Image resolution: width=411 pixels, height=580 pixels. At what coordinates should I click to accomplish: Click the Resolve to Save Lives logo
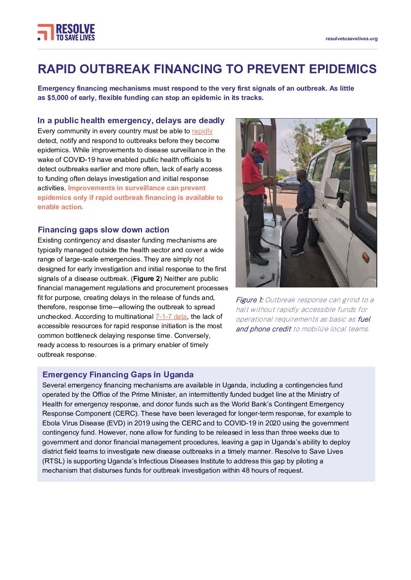click(66, 33)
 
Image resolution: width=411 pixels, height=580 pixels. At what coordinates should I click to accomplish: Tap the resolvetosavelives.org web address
click(351, 39)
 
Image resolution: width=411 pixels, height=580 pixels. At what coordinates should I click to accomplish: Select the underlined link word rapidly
click(202, 131)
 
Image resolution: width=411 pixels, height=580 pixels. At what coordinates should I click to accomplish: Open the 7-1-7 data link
click(171, 317)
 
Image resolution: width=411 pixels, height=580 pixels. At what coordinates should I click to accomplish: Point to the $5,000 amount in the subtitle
click(58, 98)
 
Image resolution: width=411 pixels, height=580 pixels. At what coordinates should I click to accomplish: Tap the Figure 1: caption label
click(249, 300)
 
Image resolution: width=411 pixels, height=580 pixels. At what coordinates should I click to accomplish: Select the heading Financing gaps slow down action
click(103, 230)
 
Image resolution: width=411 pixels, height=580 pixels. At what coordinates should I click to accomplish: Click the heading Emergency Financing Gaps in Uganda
click(118, 375)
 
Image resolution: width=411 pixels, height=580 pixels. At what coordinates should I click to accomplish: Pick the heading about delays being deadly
click(131, 120)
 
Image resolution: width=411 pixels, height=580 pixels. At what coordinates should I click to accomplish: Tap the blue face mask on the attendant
click(258, 159)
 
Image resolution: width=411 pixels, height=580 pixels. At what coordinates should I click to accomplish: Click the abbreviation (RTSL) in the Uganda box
click(54, 461)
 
